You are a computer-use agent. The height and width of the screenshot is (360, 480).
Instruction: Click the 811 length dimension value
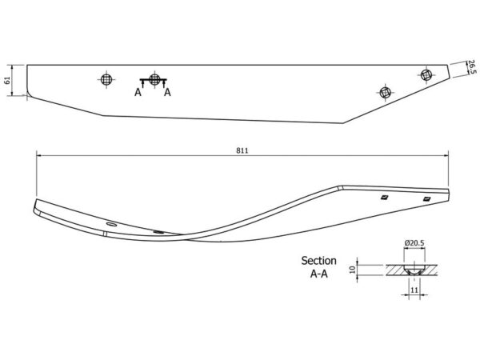[242, 150]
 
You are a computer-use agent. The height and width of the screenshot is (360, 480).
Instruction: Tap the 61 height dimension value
[7, 81]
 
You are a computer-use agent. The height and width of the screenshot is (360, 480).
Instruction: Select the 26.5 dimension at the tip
[472, 67]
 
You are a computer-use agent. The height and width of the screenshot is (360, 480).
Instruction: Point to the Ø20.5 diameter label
[414, 243]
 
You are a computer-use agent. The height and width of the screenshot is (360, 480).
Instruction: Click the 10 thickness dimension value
[352, 270]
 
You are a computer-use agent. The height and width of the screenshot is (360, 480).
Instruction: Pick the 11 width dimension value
[414, 290]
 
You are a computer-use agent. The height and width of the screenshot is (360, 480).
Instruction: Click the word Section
[318, 261]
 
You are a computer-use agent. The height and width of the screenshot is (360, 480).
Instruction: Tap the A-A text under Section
[318, 274]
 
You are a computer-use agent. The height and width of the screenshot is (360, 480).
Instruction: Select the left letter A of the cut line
[138, 92]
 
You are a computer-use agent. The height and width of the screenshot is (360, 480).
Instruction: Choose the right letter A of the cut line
[167, 92]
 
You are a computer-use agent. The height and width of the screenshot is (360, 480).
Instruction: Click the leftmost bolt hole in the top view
[106, 79]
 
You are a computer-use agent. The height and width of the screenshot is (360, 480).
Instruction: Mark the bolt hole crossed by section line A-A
[154, 79]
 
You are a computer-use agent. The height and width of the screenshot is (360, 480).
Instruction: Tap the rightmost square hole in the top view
[426, 75]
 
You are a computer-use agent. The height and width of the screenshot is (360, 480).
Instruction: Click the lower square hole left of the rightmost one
[386, 92]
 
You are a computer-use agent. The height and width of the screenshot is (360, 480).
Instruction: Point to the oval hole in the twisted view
[111, 225]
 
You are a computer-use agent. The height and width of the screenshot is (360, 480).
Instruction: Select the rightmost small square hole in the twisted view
[426, 199]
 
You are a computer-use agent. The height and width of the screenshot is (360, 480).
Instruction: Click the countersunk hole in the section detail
[414, 270]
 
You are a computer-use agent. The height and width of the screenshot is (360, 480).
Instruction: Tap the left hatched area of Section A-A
[395, 270]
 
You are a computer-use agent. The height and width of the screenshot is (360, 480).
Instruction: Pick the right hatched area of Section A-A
[430, 270]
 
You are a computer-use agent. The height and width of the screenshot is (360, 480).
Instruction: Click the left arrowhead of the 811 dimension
[38, 155]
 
